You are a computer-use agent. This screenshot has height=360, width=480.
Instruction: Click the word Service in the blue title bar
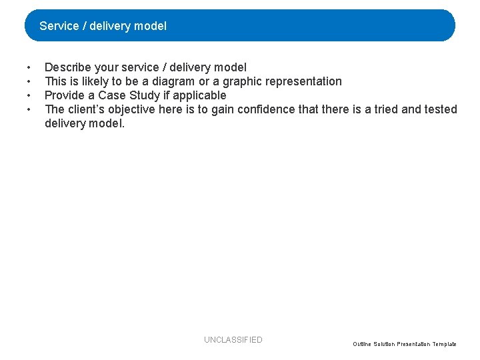59,26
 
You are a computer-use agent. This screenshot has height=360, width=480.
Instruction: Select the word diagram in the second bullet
179,81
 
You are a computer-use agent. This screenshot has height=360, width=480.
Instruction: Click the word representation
307,81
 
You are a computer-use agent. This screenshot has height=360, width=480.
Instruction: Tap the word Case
112,95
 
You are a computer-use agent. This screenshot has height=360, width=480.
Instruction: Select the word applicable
199,95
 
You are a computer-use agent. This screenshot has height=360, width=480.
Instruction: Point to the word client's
87,109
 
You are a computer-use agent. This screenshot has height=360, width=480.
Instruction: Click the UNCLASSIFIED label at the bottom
233,340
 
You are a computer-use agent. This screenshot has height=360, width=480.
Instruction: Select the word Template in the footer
445,344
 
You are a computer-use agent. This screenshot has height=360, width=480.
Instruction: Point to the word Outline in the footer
363,344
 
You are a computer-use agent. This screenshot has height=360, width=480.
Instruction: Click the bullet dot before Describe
29,68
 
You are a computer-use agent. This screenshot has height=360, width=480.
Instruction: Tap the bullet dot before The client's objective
29,110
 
